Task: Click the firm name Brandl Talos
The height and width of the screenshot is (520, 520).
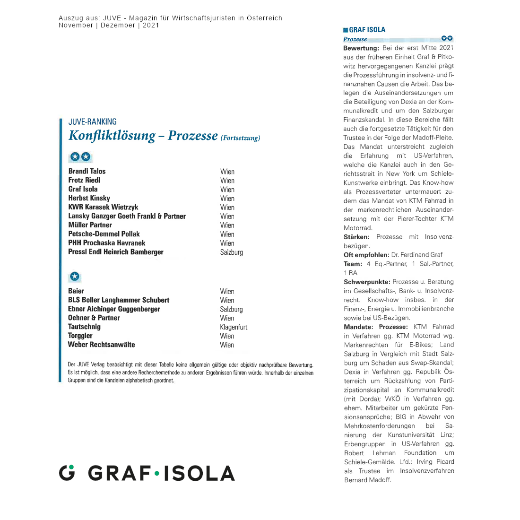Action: [x=87, y=171]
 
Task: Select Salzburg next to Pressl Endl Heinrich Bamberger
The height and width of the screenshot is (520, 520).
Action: [x=231, y=252]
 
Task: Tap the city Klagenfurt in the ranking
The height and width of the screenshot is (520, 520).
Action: [x=233, y=327]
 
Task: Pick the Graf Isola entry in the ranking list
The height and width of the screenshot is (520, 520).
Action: [x=83, y=189]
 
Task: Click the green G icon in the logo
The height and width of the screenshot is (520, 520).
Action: [x=67, y=473]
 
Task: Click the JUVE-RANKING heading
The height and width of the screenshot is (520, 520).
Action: [x=93, y=122]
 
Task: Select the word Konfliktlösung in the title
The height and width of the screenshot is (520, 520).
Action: [x=112, y=136]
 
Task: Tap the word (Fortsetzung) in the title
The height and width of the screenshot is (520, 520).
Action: [x=240, y=138]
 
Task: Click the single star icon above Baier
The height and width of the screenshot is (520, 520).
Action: [x=75, y=277]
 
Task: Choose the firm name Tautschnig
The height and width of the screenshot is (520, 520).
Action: [x=84, y=327]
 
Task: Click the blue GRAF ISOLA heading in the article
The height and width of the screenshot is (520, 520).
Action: [x=367, y=30]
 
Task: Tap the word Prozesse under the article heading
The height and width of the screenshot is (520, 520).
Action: [x=355, y=39]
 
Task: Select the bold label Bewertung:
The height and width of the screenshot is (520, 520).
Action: [x=361, y=48]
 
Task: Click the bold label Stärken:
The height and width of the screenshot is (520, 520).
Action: [x=356, y=237]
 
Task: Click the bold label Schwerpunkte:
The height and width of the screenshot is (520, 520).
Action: [x=367, y=282]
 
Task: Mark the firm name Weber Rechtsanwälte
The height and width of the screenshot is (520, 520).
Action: [x=101, y=345]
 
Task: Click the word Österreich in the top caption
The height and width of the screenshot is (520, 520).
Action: [x=264, y=18]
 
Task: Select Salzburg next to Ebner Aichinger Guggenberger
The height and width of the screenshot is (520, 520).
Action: [x=231, y=309]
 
